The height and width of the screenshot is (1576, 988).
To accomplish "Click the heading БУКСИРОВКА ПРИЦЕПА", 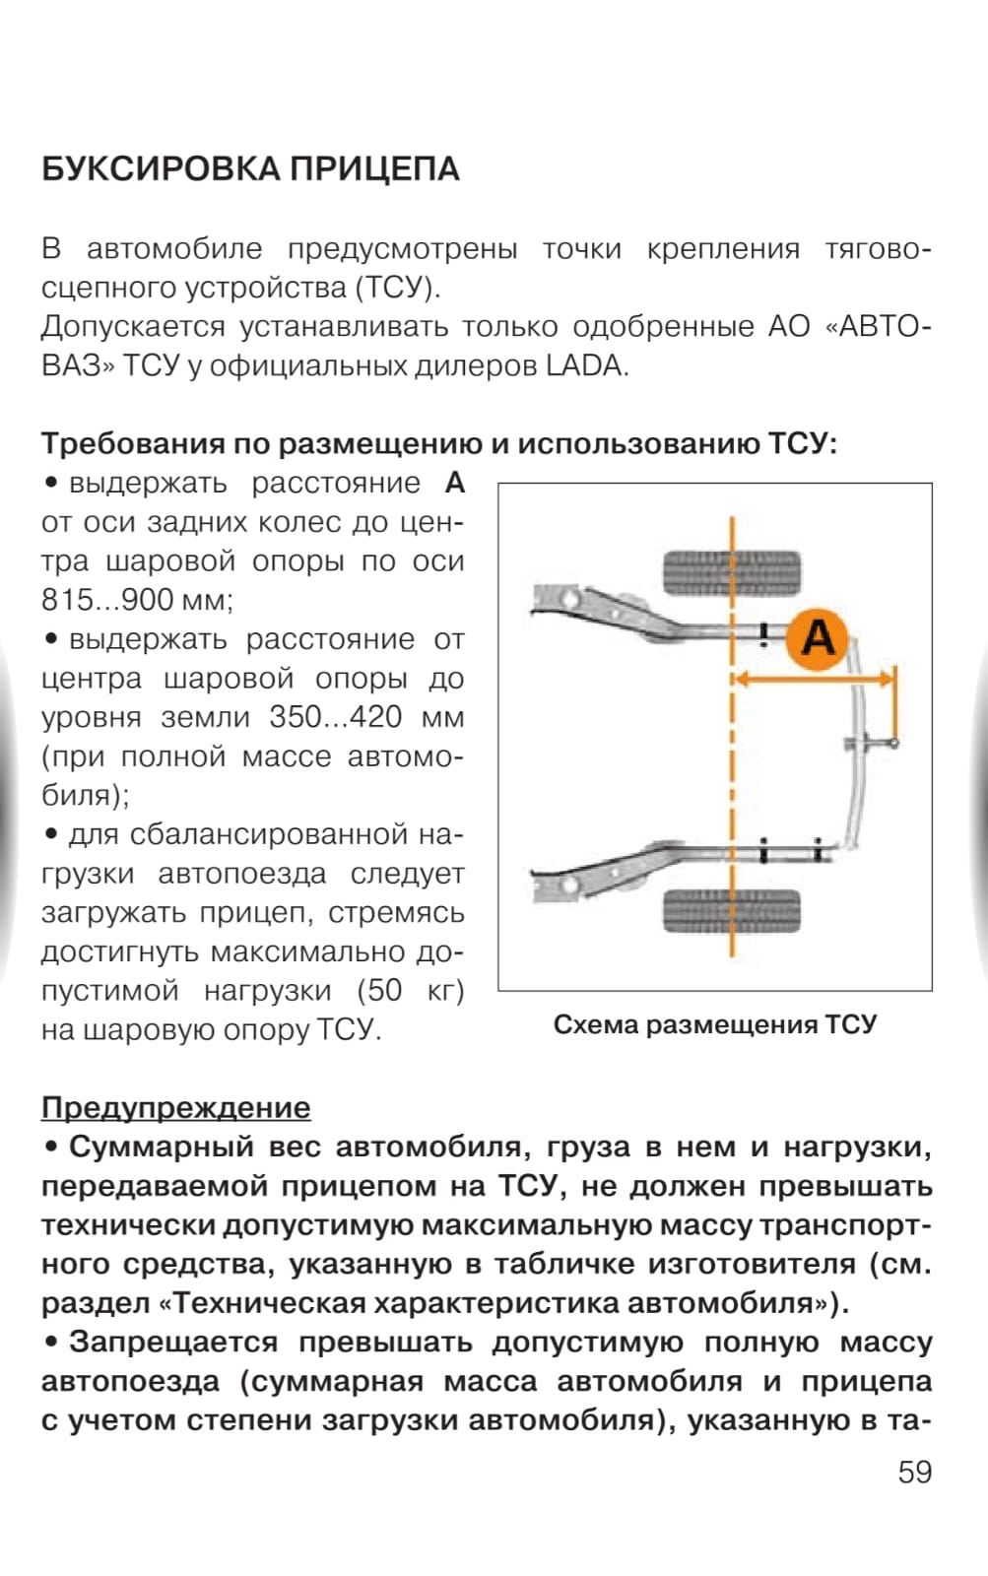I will point(250,169).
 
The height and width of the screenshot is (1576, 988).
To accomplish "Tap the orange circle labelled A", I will point(818,637).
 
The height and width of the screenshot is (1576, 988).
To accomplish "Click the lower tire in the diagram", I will point(731,910).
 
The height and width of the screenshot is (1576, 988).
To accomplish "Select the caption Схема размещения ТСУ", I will point(714,1024).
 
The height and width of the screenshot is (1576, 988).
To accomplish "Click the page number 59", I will point(914,1472).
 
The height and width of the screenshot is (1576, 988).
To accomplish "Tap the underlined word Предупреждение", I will point(175,1107).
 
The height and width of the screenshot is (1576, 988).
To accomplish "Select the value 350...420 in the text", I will point(335,717).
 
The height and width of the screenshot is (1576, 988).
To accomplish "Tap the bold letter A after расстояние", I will point(454,483).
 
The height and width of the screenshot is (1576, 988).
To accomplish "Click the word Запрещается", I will point(173,1342).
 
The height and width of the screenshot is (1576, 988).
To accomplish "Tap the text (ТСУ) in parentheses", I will point(396,288).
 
